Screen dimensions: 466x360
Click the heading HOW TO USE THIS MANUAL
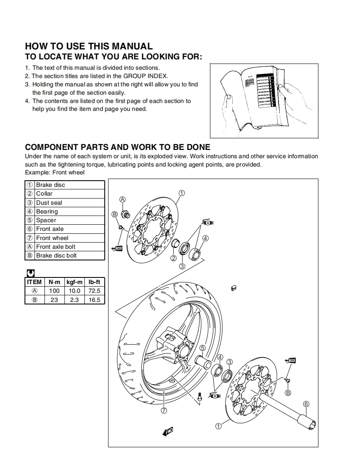point(89,46)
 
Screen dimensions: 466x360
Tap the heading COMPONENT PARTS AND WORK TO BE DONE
point(118,147)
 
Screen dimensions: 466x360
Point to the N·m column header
point(54,282)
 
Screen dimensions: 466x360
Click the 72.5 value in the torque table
point(94,291)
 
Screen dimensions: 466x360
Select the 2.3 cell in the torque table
point(74,300)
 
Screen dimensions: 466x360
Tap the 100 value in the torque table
point(54,291)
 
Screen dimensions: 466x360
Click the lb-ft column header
point(94,282)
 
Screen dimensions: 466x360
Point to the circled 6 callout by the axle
point(306,404)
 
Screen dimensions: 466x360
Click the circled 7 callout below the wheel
point(164,410)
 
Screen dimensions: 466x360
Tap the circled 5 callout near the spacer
point(202,348)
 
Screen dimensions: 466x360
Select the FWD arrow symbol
point(168,432)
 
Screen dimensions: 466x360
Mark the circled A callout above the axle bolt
point(123,199)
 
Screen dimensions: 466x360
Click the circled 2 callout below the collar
point(174,258)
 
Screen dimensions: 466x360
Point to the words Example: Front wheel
point(54,172)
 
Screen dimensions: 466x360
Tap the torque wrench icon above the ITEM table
point(30,273)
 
